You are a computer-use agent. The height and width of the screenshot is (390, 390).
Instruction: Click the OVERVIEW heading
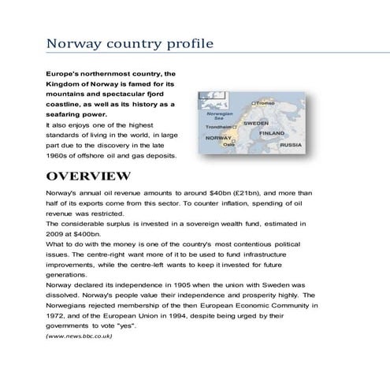[88, 175]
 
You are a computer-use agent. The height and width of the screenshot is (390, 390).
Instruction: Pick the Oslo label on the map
[229, 145]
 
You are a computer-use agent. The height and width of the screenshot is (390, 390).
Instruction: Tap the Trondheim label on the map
[217, 127]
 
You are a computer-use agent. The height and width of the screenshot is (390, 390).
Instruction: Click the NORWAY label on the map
[217, 137]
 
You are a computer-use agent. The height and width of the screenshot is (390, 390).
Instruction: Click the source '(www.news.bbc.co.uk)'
[79, 336]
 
